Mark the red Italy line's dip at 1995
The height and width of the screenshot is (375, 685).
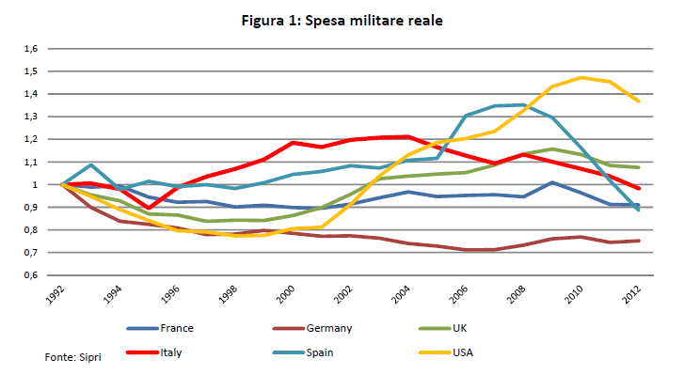click(149, 208)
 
